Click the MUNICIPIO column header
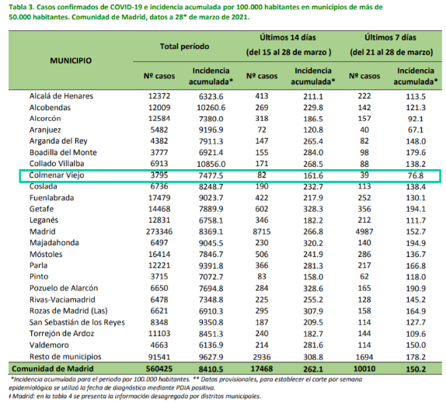point(71,61)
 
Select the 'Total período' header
point(184,47)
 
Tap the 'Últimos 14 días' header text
point(287,37)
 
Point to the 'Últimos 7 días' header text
point(390,37)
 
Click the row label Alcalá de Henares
point(61,96)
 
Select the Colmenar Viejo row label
point(57,175)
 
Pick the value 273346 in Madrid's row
point(159,231)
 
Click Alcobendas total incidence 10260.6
point(211,108)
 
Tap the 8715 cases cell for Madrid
point(262,231)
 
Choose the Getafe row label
point(41,209)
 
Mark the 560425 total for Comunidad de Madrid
point(159,369)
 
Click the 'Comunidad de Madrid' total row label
point(53,369)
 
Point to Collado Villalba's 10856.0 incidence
point(211,164)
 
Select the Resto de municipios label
point(65,356)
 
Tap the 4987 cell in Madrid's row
point(364,231)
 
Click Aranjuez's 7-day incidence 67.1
point(416,130)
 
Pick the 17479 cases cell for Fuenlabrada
point(159,197)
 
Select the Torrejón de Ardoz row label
point(61,334)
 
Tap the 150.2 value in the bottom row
point(416,369)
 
